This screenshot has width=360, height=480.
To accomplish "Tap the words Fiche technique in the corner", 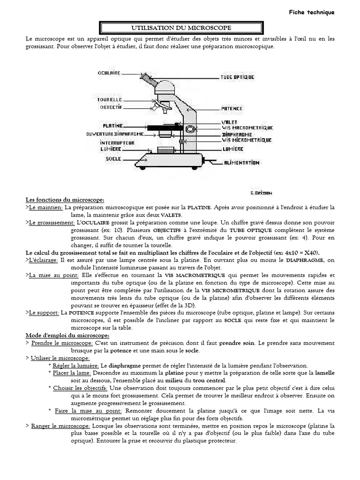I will (312, 13).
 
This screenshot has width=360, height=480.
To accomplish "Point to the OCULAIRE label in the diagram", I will (109, 73).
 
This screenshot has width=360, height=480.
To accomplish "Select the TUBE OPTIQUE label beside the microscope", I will (238, 77).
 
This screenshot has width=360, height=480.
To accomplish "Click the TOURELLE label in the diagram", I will (110, 100).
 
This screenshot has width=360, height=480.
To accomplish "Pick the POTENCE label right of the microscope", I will (232, 109).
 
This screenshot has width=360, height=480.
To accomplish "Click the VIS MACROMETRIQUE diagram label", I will (247, 127).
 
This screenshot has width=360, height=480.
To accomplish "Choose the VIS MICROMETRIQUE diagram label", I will (247, 140).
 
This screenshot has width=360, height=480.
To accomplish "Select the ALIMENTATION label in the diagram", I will (242, 163).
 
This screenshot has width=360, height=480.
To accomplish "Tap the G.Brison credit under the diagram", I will (262, 192).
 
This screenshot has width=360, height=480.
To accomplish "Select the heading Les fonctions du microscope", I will (65, 200).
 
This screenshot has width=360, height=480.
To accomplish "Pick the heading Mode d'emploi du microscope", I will (67, 336).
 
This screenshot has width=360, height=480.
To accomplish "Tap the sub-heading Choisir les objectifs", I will (80, 388).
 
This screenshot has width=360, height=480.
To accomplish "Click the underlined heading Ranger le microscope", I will (61, 426).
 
